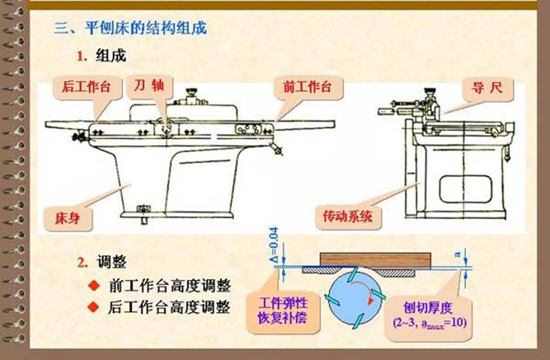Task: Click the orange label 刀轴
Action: (149, 85)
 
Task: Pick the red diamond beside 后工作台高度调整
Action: (92, 307)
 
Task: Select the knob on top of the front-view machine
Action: (192, 93)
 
